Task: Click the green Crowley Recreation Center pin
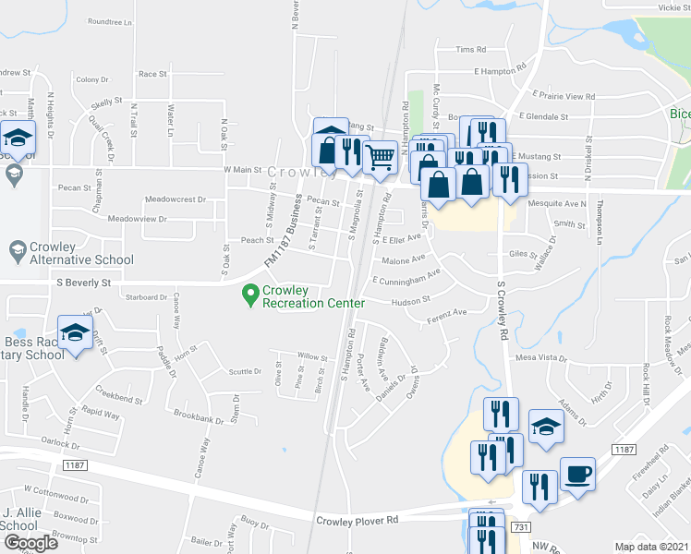249,295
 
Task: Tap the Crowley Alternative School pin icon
16,250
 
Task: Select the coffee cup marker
577,475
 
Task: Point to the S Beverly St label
83,283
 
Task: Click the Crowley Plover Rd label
357,521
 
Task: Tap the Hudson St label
411,301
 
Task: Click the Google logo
30,543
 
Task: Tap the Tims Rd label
470,50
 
